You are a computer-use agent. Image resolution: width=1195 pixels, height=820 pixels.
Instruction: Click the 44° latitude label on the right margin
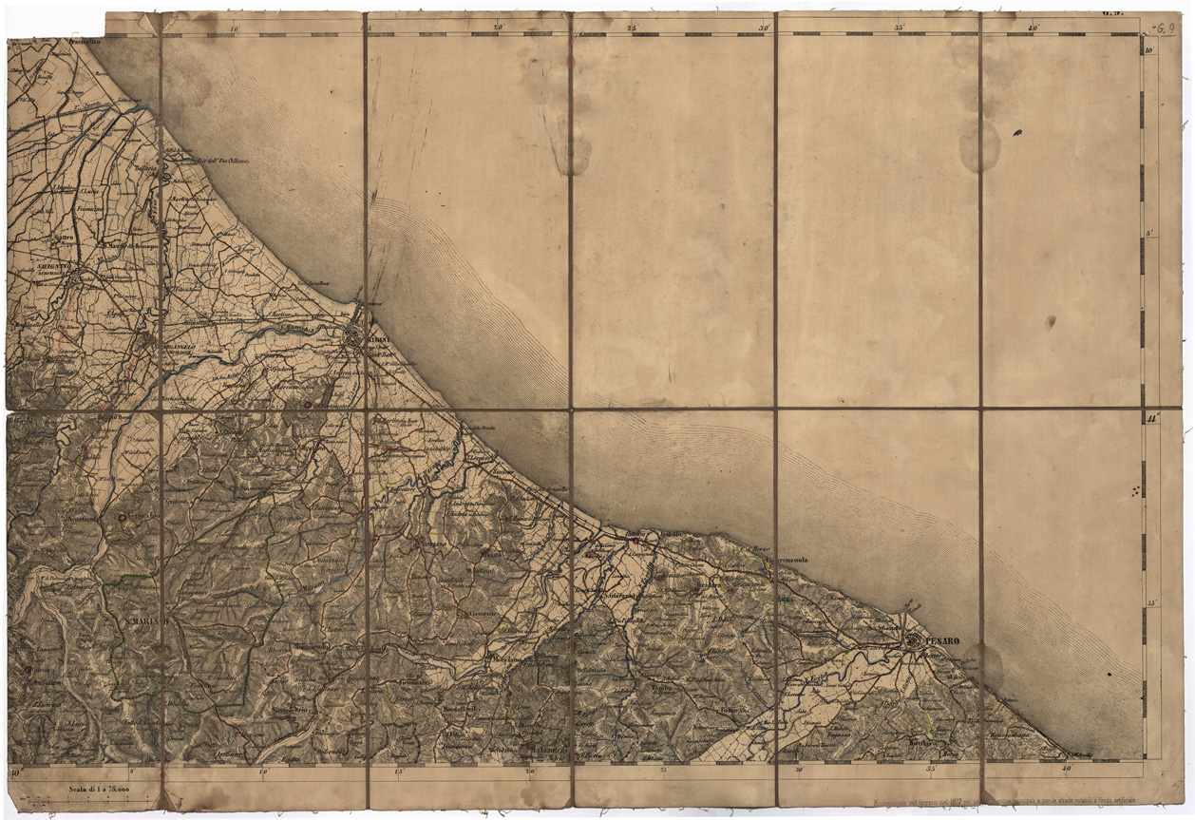click(1151, 418)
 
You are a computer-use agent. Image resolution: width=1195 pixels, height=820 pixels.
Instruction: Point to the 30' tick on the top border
click(764, 29)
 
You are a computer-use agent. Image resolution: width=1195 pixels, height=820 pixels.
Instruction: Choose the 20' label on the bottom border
click(530, 772)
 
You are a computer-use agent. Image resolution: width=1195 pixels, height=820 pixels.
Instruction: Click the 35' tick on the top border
click(899, 29)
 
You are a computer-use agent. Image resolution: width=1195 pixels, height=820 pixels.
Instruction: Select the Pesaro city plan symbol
click(914, 642)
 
